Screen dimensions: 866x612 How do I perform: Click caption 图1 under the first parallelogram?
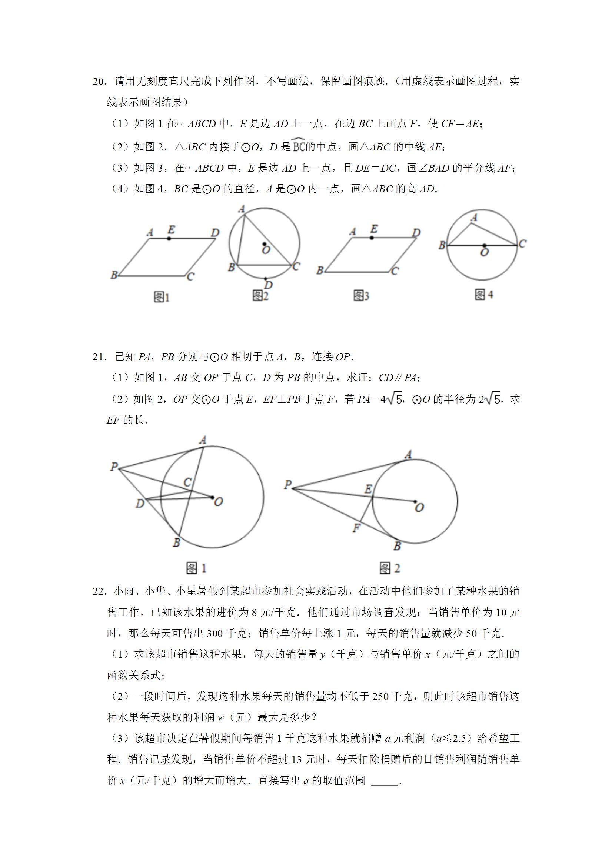pos(162,297)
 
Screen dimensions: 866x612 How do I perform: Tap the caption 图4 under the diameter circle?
pos(484,295)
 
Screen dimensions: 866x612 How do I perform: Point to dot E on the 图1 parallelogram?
pos(169,238)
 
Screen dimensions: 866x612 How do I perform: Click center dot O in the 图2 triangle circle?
pos(265,244)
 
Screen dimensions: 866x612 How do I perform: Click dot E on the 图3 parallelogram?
pos(372,238)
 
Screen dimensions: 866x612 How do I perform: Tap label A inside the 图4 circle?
pos(474,218)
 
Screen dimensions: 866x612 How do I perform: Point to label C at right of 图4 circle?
pos(522,244)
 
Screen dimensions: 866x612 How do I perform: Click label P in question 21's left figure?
pos(114,467)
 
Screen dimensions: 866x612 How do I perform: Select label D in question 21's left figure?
pos(140,503)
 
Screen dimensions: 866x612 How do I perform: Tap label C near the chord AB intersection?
pos(187,482)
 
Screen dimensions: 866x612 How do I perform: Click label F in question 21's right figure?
pos(356,528)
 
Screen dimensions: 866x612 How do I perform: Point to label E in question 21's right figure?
pos(368,490)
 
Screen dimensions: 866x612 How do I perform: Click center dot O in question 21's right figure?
pos(415,502)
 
